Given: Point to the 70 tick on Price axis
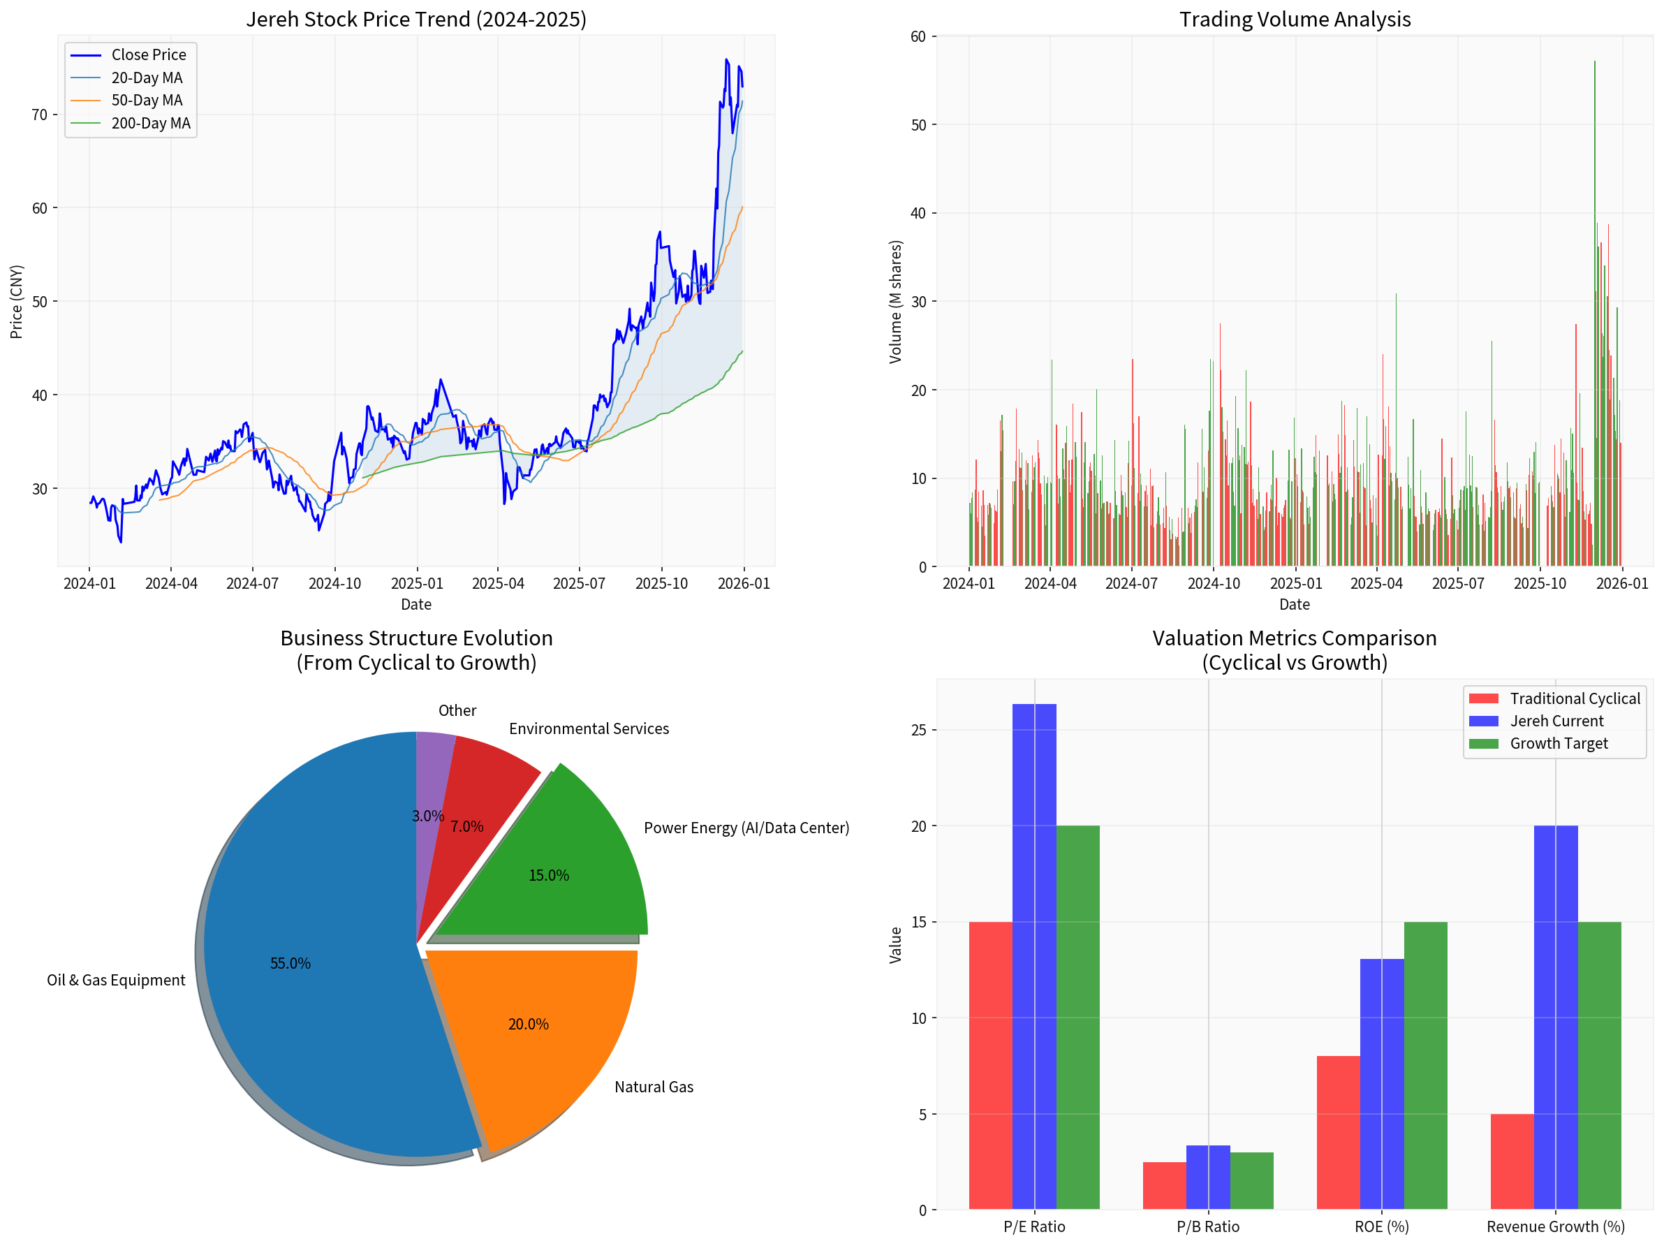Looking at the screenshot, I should (39, 115).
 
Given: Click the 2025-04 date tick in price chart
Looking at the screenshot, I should (497, 583).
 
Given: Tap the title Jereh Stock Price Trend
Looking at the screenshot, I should (416, 19).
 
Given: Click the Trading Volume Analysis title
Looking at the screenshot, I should (1294, 19).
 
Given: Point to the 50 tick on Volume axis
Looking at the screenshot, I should (918, 125).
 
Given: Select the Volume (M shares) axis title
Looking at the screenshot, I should (895, 302).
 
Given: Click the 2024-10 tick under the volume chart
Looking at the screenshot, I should (1214, 583).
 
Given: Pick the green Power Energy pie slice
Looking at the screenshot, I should (572, 865).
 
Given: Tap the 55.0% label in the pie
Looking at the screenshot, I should (290, 963).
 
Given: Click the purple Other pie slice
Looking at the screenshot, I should (432, 775).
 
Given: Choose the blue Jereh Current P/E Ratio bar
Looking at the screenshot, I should (1033, 955).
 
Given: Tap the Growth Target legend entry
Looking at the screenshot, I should (1558, 743).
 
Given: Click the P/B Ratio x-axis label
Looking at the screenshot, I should (1207, 1226).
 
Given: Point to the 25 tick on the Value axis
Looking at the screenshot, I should (922, 730).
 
